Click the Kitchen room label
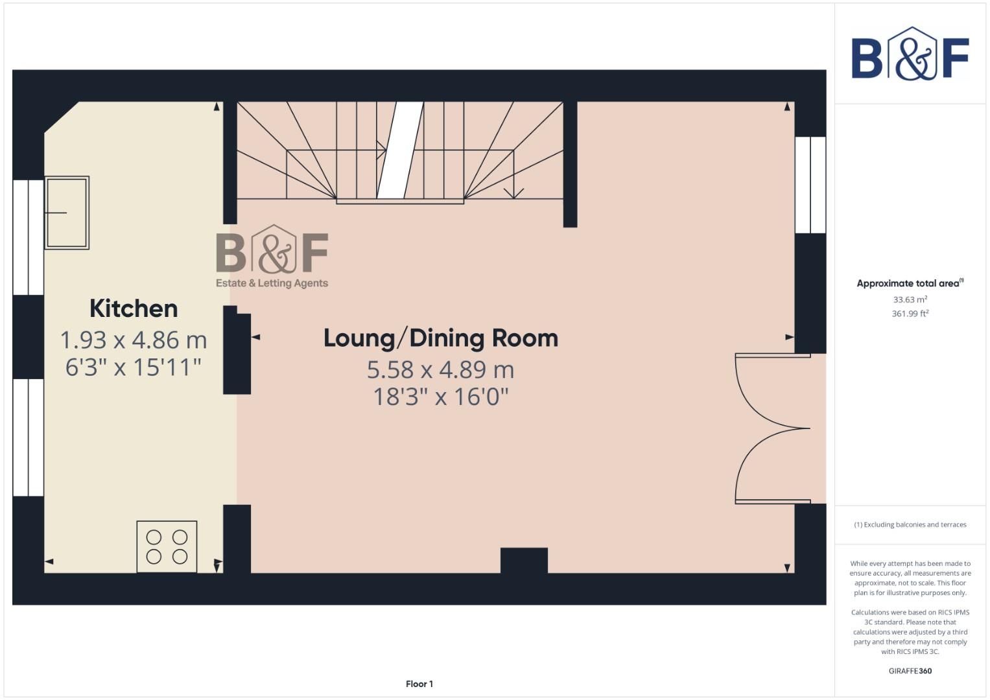click(134, 309)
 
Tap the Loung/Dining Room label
click(440, 338)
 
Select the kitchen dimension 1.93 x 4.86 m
click(134, 340)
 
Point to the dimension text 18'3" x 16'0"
click(440, 396)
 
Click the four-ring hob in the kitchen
click(167, 546)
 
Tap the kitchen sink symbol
click(67, 213)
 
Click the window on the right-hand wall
click(810, 185)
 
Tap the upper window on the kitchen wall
click(29, 237)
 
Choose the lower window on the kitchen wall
click(29, 437)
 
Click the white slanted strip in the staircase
click(400, 150)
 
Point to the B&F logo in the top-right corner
click(910, 54)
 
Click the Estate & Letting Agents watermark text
click(272, 283)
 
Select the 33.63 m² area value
click(910, 299)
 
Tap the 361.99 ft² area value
click(910, 314)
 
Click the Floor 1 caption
click(419, 684)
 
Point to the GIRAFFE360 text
click(910, 671)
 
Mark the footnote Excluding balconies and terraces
click(910, 524)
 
